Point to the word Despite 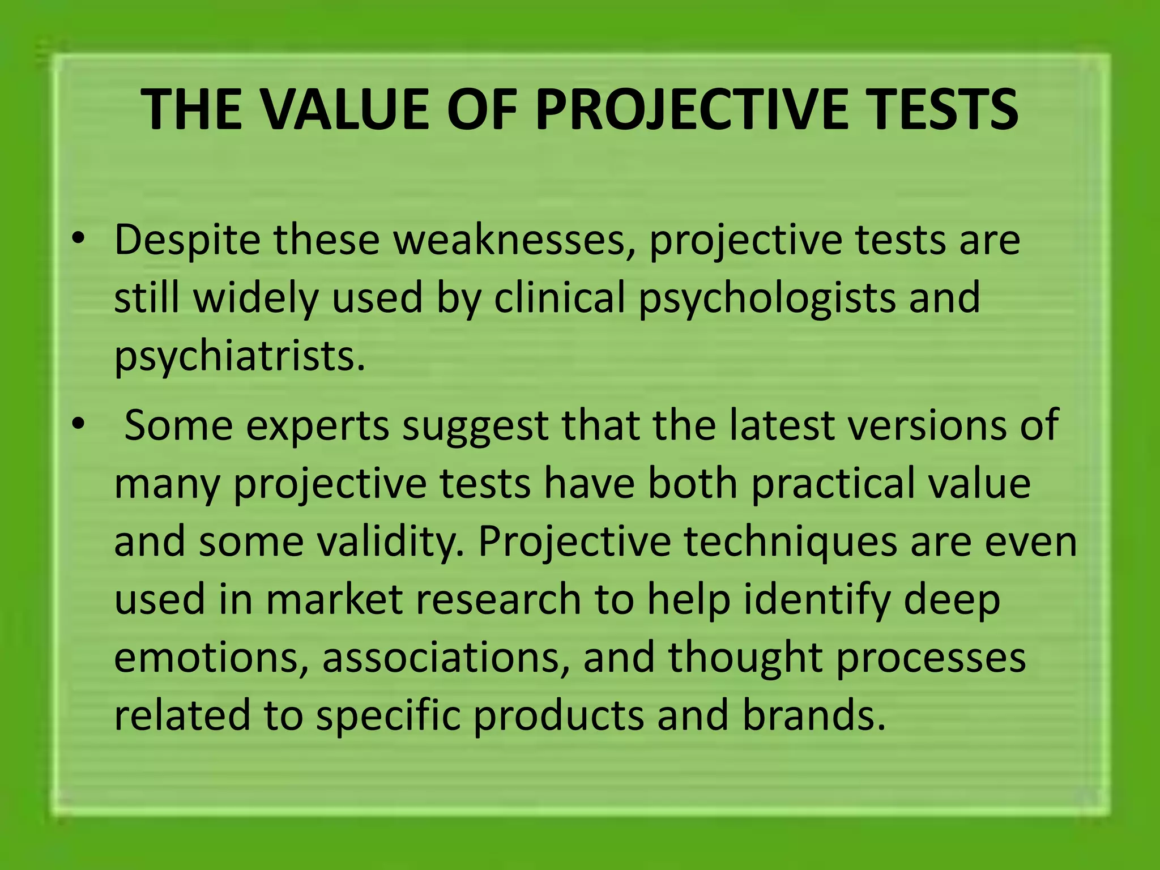(x=186, y=240)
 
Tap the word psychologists (x=767, y=298)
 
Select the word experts (x=318, y=426)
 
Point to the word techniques (x=790, y=541)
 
